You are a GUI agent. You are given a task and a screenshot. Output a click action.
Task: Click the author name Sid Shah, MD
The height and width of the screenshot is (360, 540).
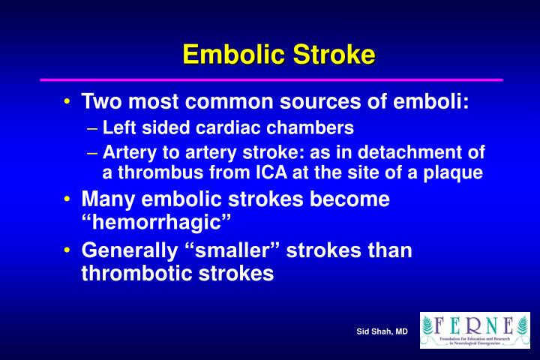pyautogui.click(x=382, y=331)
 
